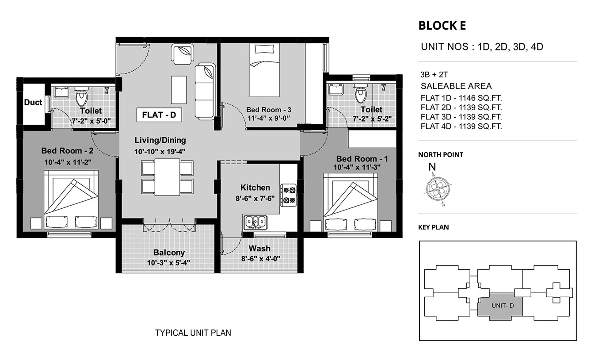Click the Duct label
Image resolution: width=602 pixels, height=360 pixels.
[33, 103]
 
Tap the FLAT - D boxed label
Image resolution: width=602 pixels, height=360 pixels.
[159, 115]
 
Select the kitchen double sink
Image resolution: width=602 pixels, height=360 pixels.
[255, 222]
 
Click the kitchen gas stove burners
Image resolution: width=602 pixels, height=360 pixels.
[289, 195]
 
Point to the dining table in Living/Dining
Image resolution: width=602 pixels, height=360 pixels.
[167, 177]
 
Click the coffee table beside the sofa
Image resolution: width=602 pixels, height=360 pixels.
[179, 90]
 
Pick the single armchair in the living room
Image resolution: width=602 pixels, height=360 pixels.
[183, 54]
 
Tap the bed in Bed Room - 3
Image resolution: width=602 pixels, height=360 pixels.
[264, 70]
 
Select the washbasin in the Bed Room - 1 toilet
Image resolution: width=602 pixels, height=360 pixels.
[335, 89]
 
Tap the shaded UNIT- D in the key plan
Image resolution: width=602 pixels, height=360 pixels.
[500, 306]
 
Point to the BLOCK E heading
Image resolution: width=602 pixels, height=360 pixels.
[442, 26]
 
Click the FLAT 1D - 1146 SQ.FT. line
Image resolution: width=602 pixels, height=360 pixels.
[461, 98]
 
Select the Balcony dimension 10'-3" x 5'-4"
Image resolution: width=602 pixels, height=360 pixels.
[168, 263]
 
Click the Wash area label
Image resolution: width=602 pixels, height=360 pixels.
[259, 249]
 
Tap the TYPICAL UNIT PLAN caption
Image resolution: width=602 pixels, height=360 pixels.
[193, 333]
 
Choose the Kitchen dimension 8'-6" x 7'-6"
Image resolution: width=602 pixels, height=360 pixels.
[255, 199]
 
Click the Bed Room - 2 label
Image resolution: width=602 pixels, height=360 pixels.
[67, 151]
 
